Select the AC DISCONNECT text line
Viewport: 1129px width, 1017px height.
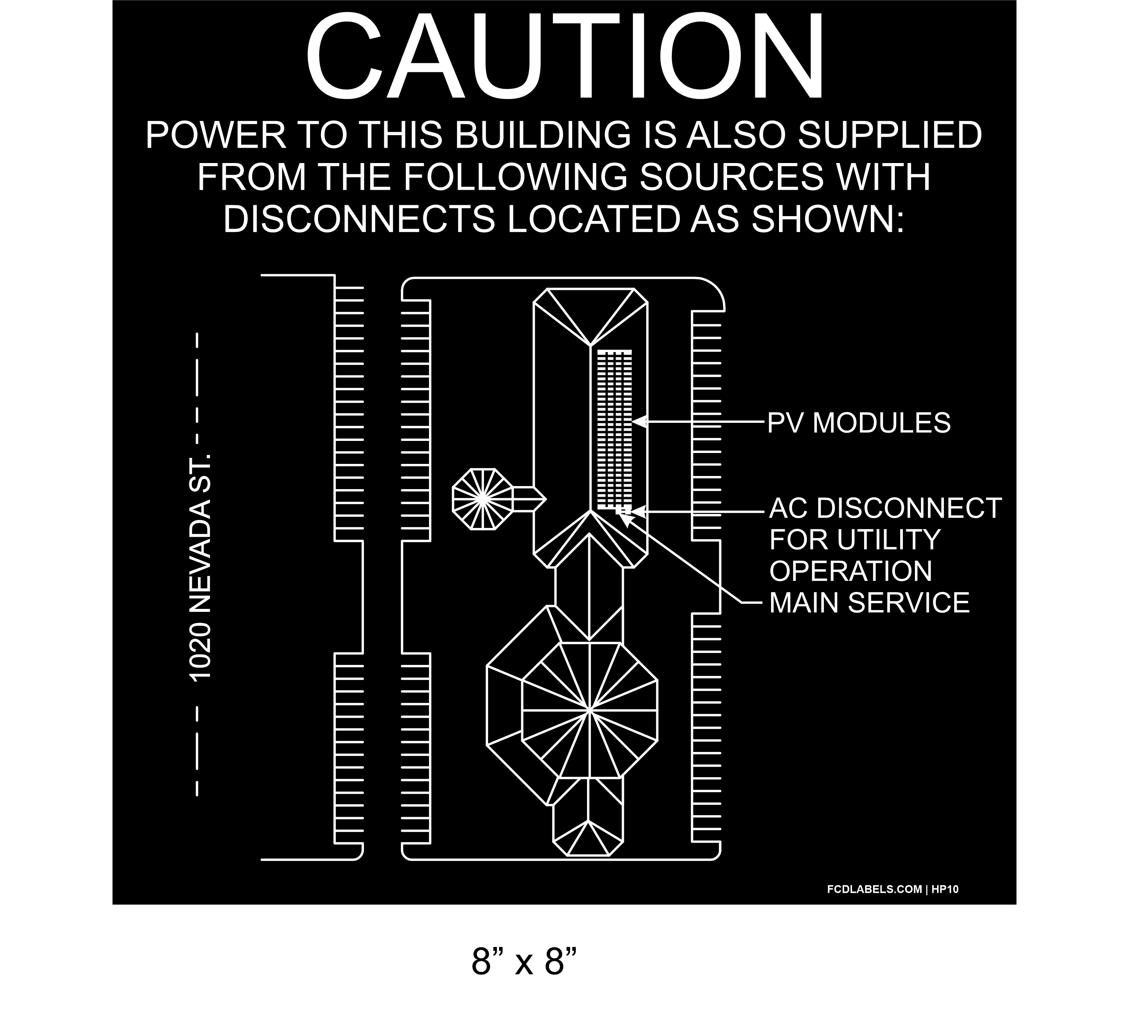click(x=885, y=508)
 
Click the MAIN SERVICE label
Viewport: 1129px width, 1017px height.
click(x=869, y=603)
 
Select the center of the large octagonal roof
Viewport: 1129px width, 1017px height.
click(x=589, y=711)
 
